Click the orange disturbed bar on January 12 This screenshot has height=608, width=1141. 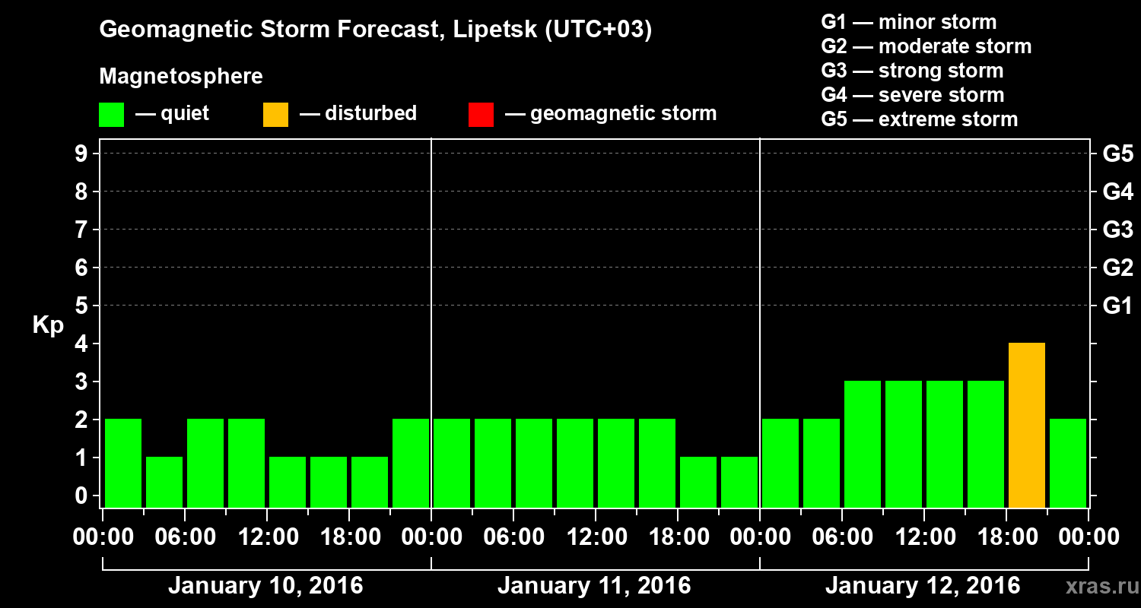[x=1026, y=425]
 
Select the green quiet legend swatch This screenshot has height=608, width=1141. [x=111, y=115]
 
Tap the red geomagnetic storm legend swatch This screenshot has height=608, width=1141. [x=481, y=115]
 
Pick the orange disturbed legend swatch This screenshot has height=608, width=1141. [x=275, y=115]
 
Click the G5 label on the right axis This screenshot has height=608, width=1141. [x=1117, y=154]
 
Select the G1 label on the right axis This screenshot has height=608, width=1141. [x=1117, y=306]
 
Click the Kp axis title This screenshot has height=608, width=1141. [x=48, y=325]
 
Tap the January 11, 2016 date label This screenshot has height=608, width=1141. [x=594, y=586]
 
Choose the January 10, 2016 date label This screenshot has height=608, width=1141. [x=265, y=586]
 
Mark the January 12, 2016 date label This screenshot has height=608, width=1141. [x=923, y=586]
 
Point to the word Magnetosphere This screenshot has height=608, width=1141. [x=181, y=77]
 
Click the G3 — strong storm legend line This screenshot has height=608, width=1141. [x=912, y=71]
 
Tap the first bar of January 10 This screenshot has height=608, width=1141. [x=123, y=463]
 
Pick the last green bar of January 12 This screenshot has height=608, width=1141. [x=1067, y=463]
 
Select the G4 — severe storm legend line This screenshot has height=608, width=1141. [x=913, y=95]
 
